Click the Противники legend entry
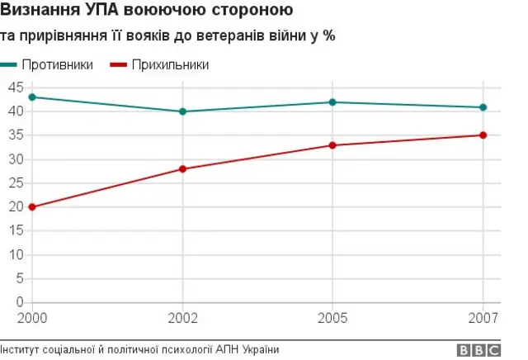click(x=57, y=64)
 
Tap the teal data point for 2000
click(x=32, y=97)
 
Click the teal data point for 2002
click(x=182, y=111)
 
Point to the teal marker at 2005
click(x=332, y=102)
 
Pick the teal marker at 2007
click(x=483, y=107)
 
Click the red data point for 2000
click(x=32, y=207)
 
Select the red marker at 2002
click(x=182, y=169)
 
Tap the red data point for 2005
click(x=332, y=145)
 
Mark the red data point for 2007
click(x=483, y=135)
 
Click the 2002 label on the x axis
click(x=182, y=317)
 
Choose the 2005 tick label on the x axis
click(x=332, y=317)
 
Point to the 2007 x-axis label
click(x=484, y=317)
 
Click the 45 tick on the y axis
click(x=14, y=88)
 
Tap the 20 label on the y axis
click(x=14, y=207)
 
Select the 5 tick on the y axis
click(x=17, y=279)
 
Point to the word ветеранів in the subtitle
click(x=238, y=37)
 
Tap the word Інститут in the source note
click(x=22, y=350)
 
